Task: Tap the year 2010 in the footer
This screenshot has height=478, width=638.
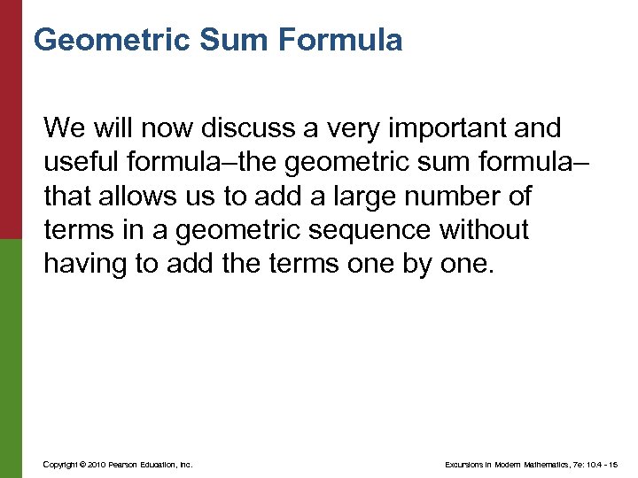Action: (x=97, y=464)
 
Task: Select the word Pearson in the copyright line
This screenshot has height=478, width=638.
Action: (x=125, y=464)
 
